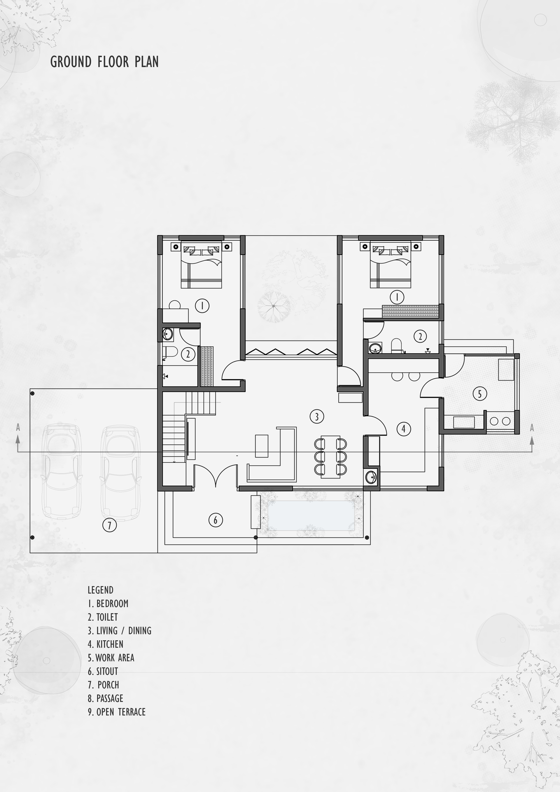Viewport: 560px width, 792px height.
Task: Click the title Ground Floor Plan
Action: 104,62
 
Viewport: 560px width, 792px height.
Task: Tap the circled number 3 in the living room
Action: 316,416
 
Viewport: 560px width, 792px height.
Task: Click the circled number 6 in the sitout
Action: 215,520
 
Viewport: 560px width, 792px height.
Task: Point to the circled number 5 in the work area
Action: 480,394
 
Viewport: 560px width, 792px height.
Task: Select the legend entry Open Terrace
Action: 117,712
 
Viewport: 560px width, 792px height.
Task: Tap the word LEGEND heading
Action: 101,590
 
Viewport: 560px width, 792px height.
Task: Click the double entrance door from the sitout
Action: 216,475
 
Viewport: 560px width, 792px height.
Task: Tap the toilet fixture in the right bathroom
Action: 396,346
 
